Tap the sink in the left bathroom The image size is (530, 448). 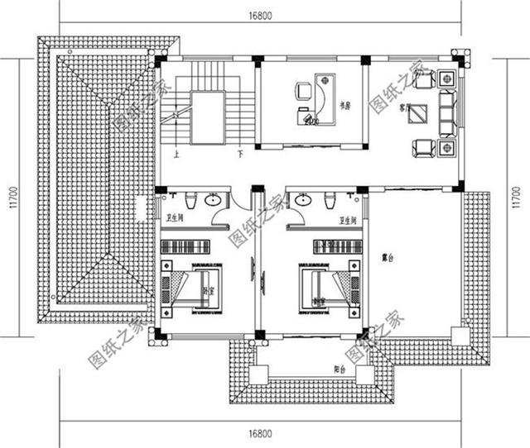click(x=213, y=199)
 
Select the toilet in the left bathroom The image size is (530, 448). click(x=190, y=199)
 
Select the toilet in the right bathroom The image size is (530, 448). click(x=330, y=199)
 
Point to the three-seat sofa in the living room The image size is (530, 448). click(x=446, y=112)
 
